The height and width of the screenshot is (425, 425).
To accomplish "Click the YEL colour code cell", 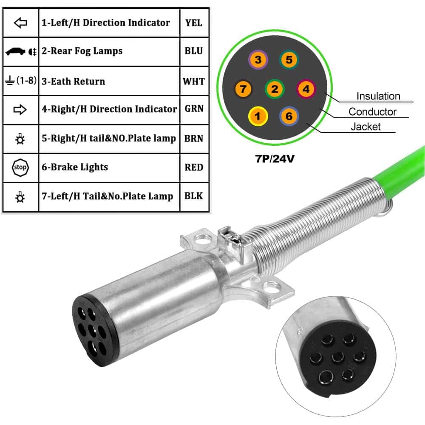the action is (194, 23).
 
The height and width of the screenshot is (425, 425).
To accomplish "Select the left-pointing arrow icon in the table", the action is (20, 23).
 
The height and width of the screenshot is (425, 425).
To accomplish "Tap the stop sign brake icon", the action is (20, 167).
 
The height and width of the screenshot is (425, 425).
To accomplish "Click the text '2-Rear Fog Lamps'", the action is (82, 51).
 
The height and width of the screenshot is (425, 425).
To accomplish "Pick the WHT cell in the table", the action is (194, 81).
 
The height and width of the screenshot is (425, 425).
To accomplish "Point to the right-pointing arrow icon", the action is (20, 110).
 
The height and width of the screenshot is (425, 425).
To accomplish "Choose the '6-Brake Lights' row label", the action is (75, 167).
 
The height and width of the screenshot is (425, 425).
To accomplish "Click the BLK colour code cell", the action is (194, 196).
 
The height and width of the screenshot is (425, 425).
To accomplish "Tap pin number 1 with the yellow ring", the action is (258, 116).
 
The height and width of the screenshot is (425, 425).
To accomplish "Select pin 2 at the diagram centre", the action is (274, 89).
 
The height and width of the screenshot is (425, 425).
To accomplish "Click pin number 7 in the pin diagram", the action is (243, 89).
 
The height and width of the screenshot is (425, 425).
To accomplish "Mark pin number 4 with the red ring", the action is (306, 89).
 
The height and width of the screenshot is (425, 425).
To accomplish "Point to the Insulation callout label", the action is (378, 96).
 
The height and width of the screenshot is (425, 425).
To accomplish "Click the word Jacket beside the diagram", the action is (365, 127).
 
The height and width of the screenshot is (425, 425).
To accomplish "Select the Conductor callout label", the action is (372, 111).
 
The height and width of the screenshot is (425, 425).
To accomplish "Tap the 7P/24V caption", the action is (275, 159).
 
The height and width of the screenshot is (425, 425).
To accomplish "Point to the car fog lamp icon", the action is (21, 51).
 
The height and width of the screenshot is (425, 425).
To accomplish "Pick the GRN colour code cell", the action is (194, 108).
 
